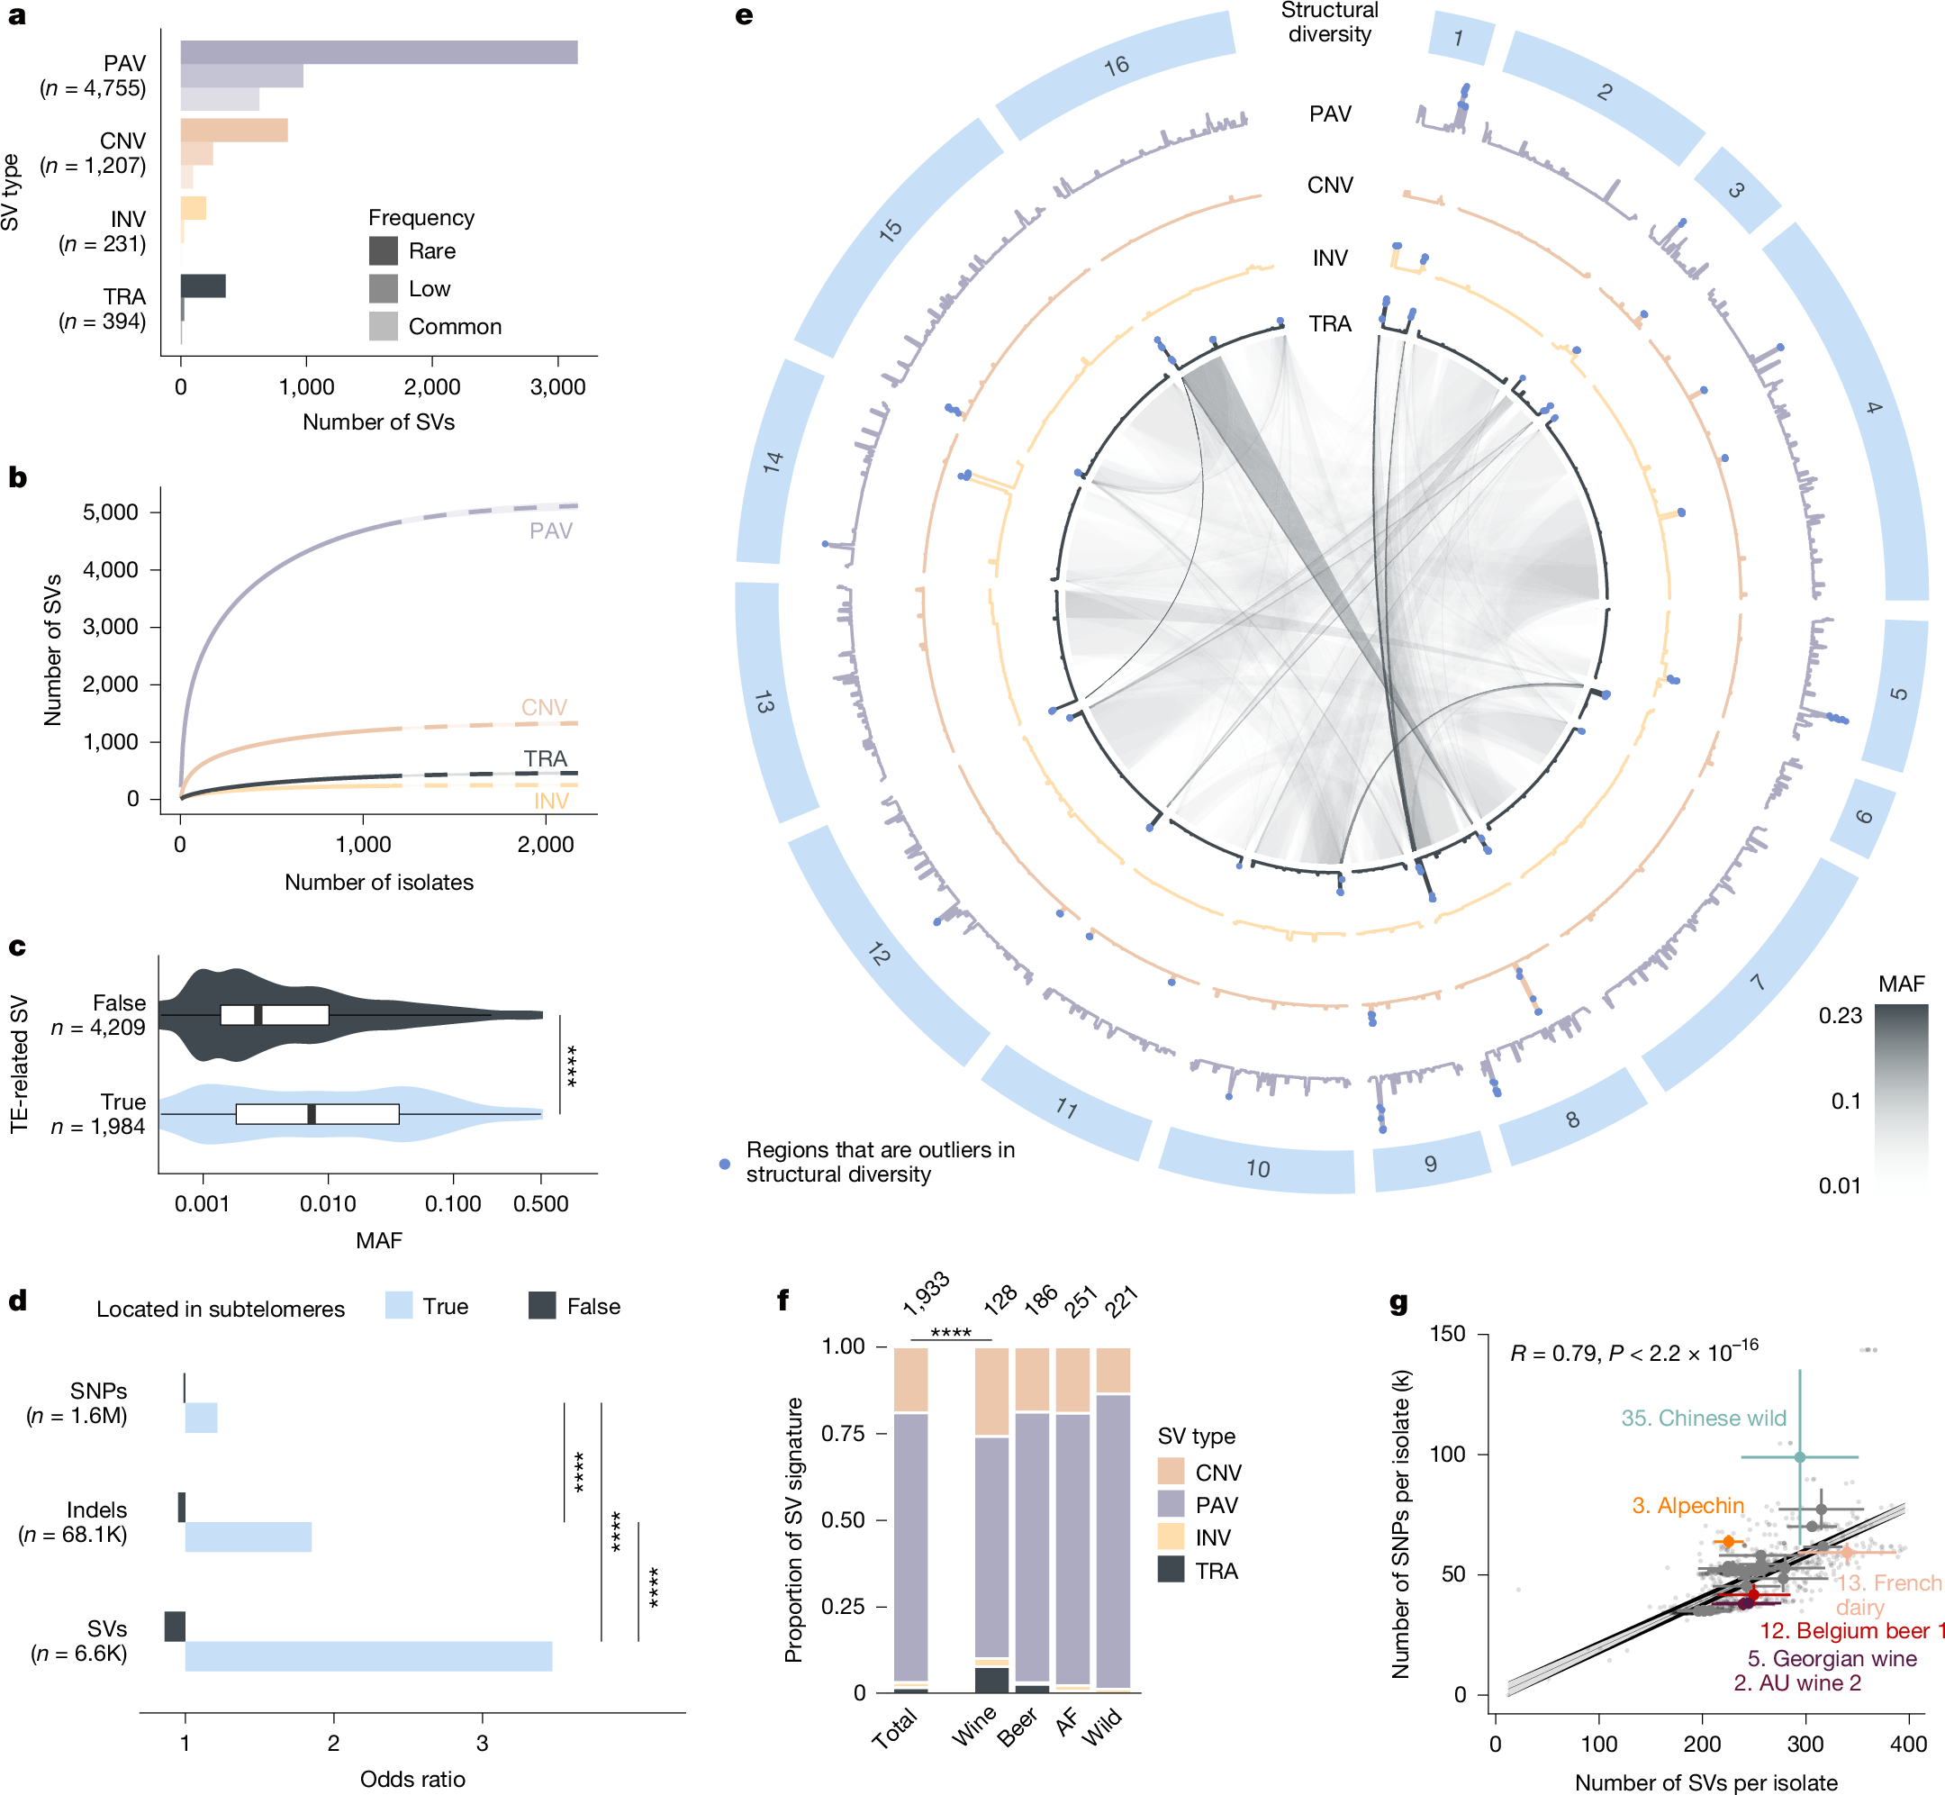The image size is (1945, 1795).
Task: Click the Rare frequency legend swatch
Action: (383, 250)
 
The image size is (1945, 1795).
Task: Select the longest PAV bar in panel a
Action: (379, 52)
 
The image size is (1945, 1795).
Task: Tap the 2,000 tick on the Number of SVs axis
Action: (432, 386)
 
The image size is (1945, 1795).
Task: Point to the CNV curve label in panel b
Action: (544, 707)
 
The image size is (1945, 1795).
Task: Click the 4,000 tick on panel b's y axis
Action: (111, 569)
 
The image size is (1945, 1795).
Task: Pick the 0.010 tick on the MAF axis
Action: (328, 1203)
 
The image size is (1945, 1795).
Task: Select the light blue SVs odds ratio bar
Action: (368, 1656)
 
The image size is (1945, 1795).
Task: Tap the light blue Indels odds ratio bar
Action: (249, 1537)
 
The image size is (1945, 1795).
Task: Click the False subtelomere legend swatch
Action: (542, 1305)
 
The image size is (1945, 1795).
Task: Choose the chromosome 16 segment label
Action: (1117, 66)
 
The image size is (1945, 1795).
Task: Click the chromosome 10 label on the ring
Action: (1258, 1168)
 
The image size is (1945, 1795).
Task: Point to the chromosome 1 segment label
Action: (1459, 39)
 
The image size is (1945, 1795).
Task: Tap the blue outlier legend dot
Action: (724, 1164)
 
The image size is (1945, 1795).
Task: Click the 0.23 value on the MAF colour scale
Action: (1841, 1016)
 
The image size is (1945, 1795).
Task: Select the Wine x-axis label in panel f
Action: (974, 1725)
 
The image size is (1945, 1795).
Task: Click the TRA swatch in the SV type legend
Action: (1172, 1571)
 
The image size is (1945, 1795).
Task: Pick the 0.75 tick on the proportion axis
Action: (843, 1434)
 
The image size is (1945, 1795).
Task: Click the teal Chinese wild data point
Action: (1799, 1457)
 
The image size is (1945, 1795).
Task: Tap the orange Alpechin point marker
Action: (1729, 1542)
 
